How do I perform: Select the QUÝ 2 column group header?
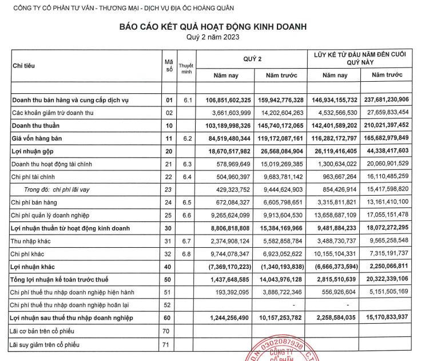coord(252,58)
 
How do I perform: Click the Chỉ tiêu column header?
coord(23,66)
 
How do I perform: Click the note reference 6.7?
coord(185,241)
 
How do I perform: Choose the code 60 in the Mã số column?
coord(169,318)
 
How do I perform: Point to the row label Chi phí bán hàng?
coord(36,202)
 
